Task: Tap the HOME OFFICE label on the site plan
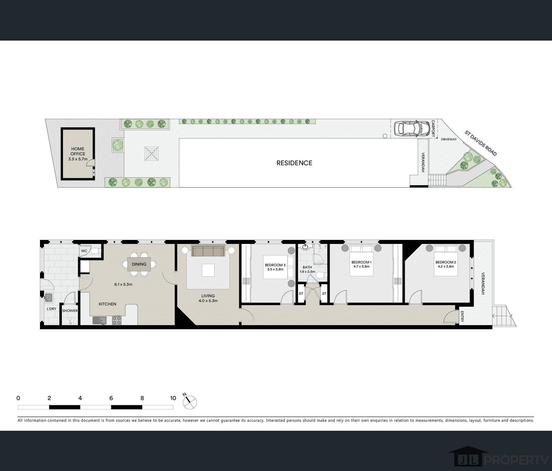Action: click(78, 151)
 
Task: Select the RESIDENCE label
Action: click(294, 163)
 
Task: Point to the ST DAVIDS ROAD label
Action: click(481, 143)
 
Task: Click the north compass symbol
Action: click(190, 402)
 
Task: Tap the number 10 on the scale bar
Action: click(173, 398)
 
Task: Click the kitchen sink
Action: click(99, 320)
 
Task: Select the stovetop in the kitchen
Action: click(117, 320)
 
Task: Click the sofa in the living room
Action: click(208, 251)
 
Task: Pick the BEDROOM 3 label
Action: click(275, 265)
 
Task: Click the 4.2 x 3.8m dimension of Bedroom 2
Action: click(444, 266)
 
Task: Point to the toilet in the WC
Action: click(96, 251)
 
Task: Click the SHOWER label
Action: click(70, 311)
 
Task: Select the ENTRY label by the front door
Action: click(462, 317)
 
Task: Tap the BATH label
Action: click(307, 267)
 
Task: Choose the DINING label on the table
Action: click(139, 264)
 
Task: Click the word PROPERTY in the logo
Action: click(516, 460)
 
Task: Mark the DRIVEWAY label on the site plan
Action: click(449, 139)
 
